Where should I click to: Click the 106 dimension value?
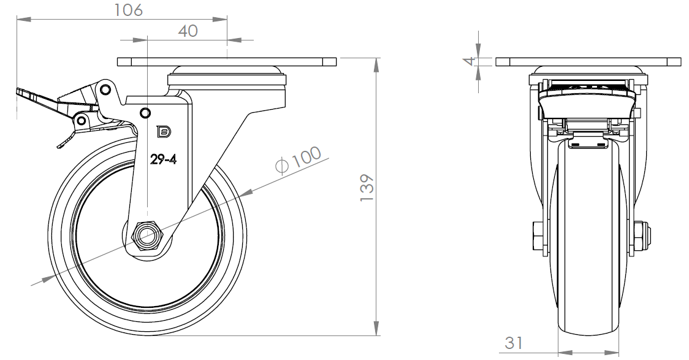coord(129,10)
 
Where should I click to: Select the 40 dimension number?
coord(188,31)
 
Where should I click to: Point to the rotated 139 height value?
coord(367,188)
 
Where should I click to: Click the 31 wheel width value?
coord(514,343)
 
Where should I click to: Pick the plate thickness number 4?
coord(471,61)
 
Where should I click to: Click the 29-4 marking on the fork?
coord(164,159)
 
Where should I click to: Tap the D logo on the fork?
coord(164,131)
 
